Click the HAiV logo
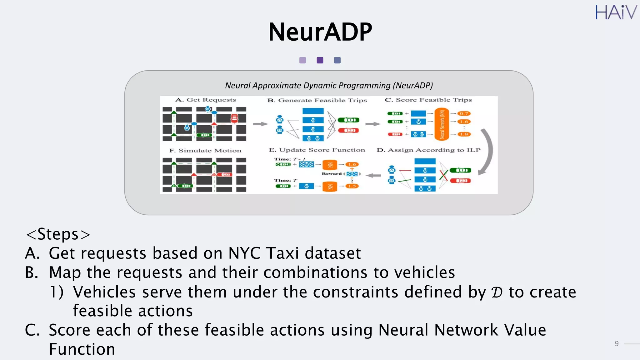(615, 12)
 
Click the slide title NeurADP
(320, 32)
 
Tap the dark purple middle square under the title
(320, 60)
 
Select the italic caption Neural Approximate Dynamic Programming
(329, 85)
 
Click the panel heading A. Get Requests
(205, 100)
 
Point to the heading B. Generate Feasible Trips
(317, 100)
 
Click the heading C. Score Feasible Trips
(428, 100)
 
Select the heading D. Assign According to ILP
(428, 150)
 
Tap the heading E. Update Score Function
(317, 150)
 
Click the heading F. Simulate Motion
(205, 151)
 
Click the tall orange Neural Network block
(442, 124)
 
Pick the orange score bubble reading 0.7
(464, 114)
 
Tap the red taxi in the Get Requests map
(234, 118)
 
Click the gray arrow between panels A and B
(260, 124)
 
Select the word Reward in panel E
(332, 174)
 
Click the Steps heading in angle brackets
(58, 234)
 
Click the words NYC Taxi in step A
(263, 253)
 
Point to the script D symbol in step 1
(497, 292)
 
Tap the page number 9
(616, 344)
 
